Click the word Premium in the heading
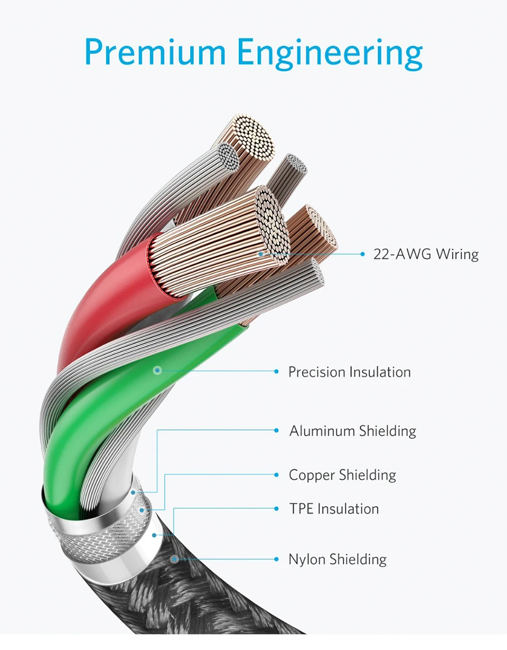pyautogui.click(x=155, y=52)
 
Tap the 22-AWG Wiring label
pyautogui.click(x=425, y=254)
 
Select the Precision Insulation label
pyautogui.click(x=349, y=372)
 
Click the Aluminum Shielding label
pyautogui.click(x=353, y=431)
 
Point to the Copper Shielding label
pyautogui.click(x=342, y=475)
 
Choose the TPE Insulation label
pyautogui.click(x=334, y=509)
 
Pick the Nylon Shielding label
pyautogui.click(x=337, y=560)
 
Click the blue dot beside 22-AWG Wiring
pyautogui.click(x=363, y=254)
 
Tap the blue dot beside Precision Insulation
pyautogui.click(x=276, y=371)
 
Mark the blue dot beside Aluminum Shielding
pyautogui.click(x=276, y=430)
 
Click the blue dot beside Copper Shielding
pyautogui.click(x=276, y=475)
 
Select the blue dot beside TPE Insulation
pyautogui.click(x=276, y=508)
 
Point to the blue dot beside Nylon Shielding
pyautogui.click(x=276, y=559)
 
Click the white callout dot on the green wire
pyautogui.click(x=157, y=371)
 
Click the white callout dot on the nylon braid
pyautogui.click(x=175, y=559)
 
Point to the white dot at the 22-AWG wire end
pyautogui.click(x=261, y=254)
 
